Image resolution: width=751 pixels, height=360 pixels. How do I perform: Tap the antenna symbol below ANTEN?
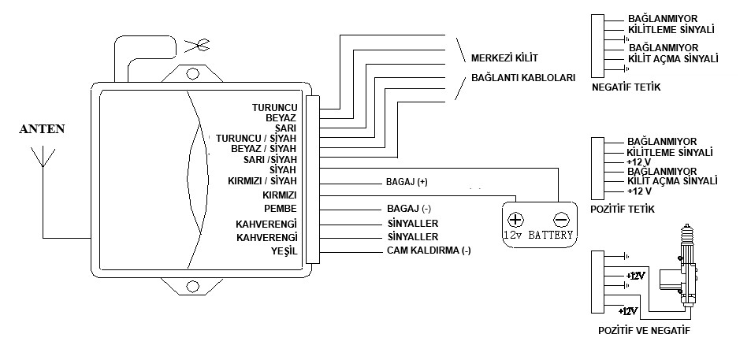pyautogui.click(x=42, y=162)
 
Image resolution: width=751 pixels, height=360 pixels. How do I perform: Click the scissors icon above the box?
pyautogui.click(x=192, y=45)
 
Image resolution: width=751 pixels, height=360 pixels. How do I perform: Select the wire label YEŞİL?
pyautogui.click(x=281, y=251)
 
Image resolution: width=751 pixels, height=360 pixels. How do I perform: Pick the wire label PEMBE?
pyautogui.click(x=279, y=209)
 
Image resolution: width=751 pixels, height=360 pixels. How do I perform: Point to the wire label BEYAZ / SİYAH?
pyautogui.click(x=263, y=147)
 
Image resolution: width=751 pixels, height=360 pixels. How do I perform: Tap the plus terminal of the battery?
pyautogui.click(x=515, y=220)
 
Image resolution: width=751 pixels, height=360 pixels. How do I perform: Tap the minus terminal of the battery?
pyautogui.click(x=561, y=220)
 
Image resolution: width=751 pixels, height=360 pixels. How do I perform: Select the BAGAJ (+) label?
pyautogui.click(x=407, y=182)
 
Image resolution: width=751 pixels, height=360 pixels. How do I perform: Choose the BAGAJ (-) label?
pyautogui.click(x=406, y=209)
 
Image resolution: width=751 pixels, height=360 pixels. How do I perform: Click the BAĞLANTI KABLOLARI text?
pyautogui.click(x=522, y=79)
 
